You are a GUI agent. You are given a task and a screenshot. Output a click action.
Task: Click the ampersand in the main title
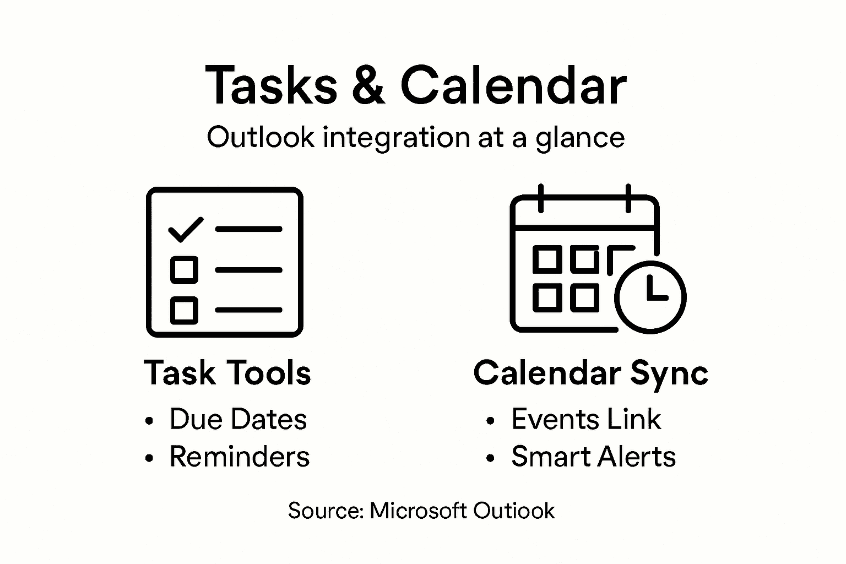(368, 85)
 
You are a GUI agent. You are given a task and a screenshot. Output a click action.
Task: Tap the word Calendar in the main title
(513, 85)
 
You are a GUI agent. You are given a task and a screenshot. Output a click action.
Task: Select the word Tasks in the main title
(271, 85)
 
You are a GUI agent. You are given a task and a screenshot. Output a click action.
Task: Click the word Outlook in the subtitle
(260, 137)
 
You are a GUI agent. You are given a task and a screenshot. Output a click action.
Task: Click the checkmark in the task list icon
(186, 229)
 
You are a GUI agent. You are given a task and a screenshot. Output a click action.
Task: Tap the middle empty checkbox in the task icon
(184, 270)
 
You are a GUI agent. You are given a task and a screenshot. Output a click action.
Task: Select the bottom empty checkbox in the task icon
(184, 310)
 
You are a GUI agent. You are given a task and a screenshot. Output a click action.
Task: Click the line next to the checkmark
(248, 229)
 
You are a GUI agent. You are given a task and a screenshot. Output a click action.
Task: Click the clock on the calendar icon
(650, 297)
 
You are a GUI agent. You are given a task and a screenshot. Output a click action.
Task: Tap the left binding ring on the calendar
(541, 198)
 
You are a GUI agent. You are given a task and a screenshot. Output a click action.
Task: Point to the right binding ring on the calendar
(628, 198)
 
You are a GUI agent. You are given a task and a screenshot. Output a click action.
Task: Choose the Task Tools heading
(227, 373)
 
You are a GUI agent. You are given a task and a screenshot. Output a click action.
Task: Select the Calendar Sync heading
(590, 373)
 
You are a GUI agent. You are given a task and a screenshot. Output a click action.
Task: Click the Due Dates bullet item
(238, 419)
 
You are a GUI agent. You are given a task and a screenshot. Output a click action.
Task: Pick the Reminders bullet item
(239, 457)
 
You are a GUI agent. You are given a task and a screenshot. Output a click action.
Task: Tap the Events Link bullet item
(585, 419)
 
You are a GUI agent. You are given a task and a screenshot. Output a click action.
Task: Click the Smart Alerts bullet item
(593, 457)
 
